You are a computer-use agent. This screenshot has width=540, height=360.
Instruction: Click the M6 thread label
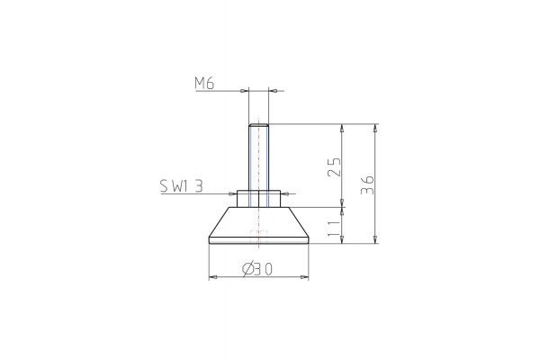(205, 84)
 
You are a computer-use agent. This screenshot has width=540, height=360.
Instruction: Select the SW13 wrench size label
(181, 186)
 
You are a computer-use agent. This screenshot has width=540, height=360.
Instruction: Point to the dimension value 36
(365, 184)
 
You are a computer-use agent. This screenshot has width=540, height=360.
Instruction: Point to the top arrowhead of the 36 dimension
(374, 127)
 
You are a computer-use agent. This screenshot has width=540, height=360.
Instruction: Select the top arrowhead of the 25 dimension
(342, 127)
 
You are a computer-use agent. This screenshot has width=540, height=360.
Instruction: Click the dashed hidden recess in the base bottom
(259, 237)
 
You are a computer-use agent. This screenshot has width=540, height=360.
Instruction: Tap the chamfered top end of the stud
(259, 124)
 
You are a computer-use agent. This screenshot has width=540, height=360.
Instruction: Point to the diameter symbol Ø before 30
(247, 269)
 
